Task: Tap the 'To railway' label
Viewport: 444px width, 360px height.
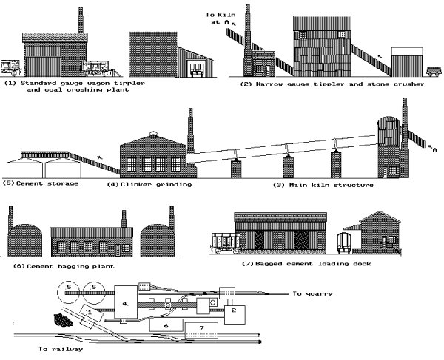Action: pyautogui.click(x=60, y=348)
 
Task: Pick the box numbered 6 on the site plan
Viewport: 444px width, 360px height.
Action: pyautogui.click(x=166, y=324)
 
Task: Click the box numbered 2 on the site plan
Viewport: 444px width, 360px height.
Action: pyautogui.click(x=233, y=311)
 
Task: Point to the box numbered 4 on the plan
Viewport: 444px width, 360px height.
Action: pyautogui.click(x=125, y=304)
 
